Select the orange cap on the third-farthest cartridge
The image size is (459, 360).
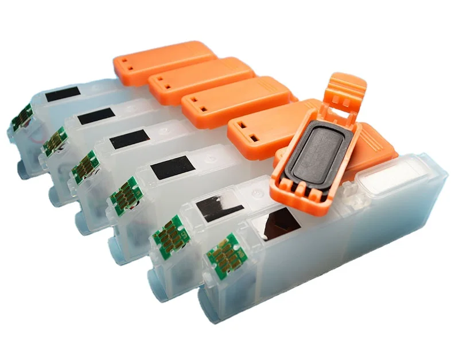click(x=235, y=98)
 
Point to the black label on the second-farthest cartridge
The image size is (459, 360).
click(x=95, y=115)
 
